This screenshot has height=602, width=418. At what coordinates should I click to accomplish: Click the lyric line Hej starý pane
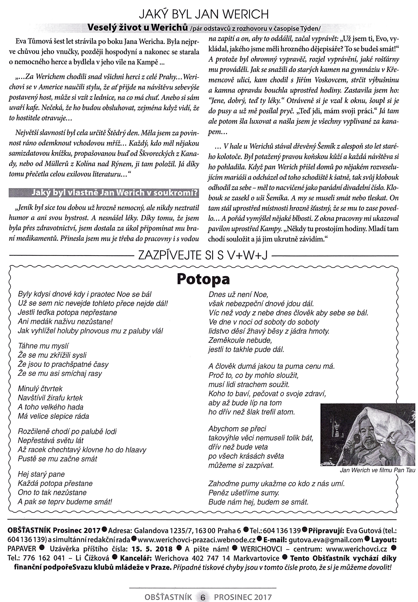click(41, 474)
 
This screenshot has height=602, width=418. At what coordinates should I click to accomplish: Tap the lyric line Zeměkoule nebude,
click(240, 340)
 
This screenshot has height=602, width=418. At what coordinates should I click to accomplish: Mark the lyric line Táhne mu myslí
click(43, 346)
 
